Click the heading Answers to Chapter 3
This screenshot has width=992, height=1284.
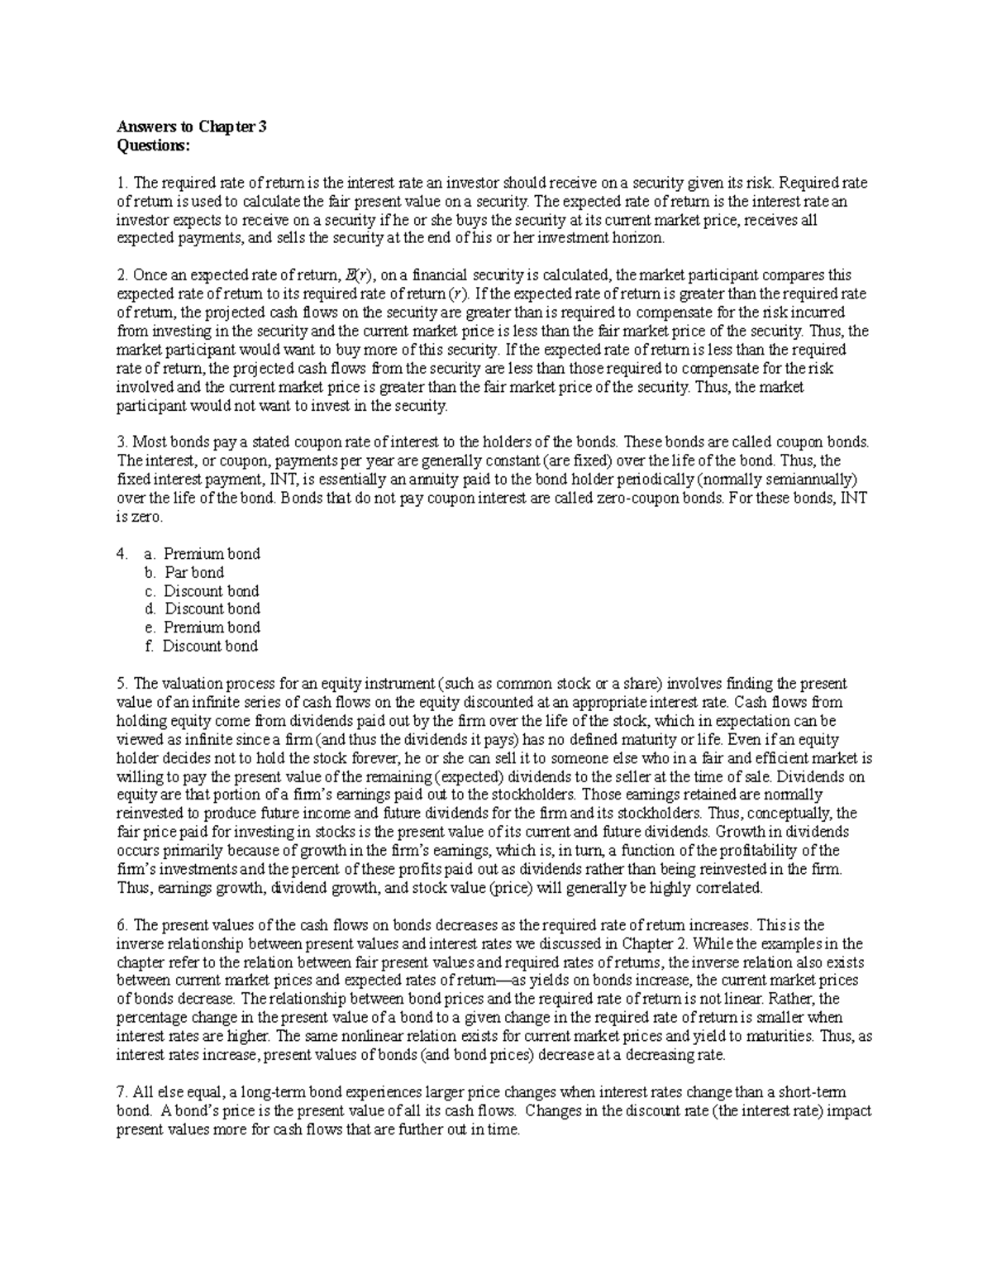tap(191, 127)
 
